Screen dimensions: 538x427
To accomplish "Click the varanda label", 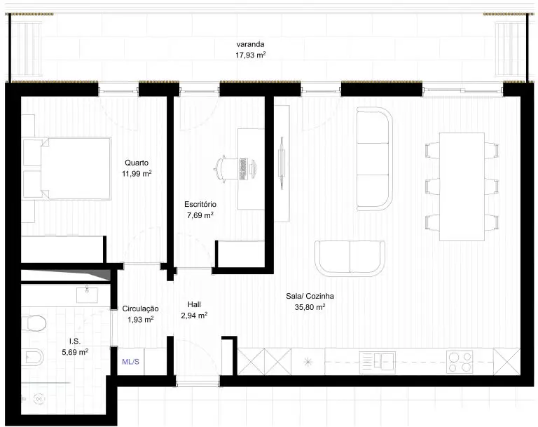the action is (x=251, y=44).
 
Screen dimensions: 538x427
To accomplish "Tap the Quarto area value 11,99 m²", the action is (x=137, y=173).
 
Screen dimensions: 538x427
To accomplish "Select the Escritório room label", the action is (x=200, y=205).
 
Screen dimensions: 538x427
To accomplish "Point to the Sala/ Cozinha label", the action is (x=310, y=296).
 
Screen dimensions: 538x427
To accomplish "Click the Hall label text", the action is (x=194, y=304).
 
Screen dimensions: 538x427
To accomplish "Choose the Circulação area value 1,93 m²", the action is (x=140, y=320).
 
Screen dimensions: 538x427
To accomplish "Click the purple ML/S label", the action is (x=131, y=362).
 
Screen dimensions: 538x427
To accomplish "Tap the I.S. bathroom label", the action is (x=75, y=341).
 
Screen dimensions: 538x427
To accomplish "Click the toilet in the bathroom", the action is (x=34, y=323).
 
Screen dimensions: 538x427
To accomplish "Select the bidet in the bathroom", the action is (x=33, y=357).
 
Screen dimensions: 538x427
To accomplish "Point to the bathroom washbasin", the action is (x=87, y=294).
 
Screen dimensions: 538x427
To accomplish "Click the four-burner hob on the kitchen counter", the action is (x=460, y=362).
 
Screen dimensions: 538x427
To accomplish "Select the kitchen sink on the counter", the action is (x=377, y=362).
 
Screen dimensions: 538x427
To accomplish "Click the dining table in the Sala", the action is (x=462, y=187).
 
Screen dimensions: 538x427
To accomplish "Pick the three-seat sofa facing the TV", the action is (x=374, y=158).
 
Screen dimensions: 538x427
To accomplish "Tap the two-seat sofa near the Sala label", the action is (x=350, y=258).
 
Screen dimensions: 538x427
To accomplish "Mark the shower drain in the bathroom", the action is (x=39, y=399).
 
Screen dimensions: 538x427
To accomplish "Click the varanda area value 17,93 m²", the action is (x=251, y=55).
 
